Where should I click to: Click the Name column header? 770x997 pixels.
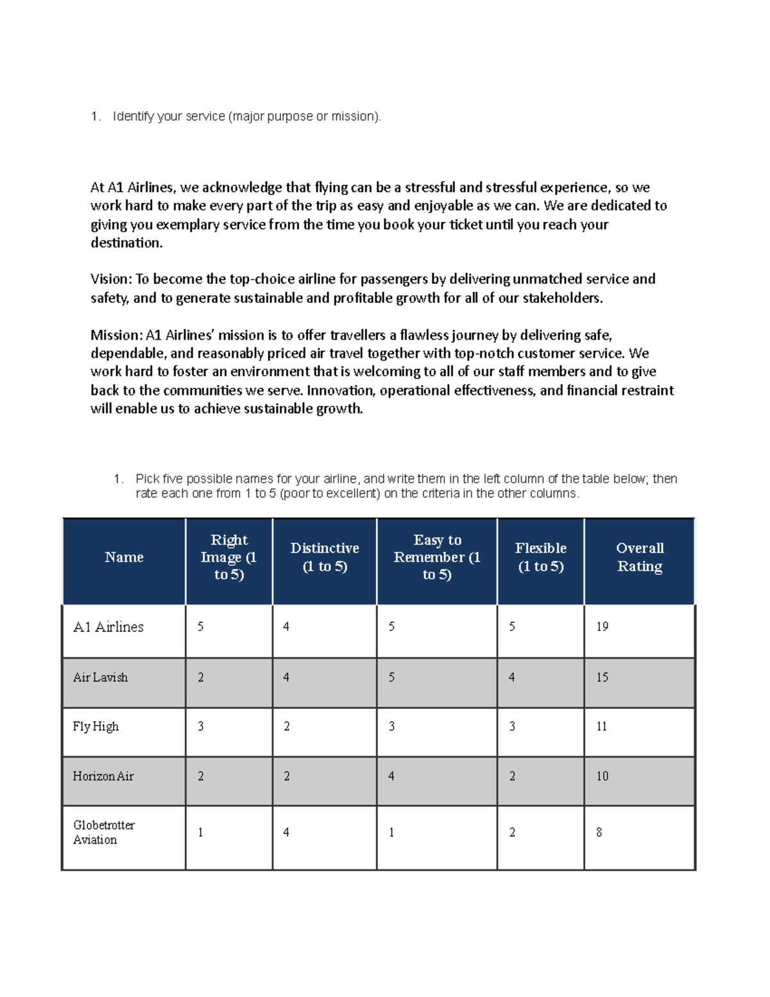[x=124, y=557]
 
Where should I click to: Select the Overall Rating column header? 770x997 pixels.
[x=639, y=557]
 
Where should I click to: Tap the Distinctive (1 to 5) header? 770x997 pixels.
[x=325, y=557]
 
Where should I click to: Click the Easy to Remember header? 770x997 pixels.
[x=437, y=557]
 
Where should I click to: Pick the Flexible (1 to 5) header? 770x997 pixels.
[x=540, y=557]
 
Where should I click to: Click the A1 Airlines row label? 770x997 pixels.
[x=108, y=627]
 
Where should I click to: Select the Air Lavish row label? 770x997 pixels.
[x=100, y=677]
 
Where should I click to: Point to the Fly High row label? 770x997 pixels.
[x=96, y=727]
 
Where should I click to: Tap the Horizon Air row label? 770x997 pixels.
[x=103, y=776]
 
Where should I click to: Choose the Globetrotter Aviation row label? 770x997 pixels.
[x=103, y=833]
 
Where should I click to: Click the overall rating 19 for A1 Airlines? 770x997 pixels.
[x=602, y=627]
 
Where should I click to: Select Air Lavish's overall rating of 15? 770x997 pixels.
[x=602, y=677]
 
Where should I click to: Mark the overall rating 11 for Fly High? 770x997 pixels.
[x=601, y=727]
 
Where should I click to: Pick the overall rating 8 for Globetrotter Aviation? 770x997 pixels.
[x=599, y=833]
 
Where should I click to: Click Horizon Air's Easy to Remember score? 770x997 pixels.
[x=391, y=776]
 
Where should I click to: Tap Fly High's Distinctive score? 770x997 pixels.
[x=286, y=727]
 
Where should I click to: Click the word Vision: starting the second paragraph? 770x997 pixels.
[x=111, y=279]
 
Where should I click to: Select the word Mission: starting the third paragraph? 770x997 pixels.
[x=116, y=335]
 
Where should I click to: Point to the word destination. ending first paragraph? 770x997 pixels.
[x=126, y=243]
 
